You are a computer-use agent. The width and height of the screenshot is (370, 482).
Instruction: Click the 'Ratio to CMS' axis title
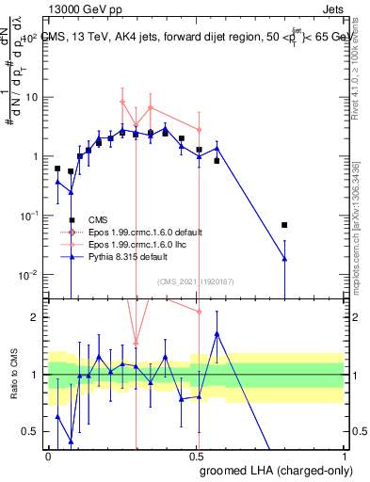point(13,375)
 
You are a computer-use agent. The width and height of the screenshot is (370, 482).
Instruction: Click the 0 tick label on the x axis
point(49,455)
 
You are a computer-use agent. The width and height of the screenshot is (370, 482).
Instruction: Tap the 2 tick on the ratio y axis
point(38,317)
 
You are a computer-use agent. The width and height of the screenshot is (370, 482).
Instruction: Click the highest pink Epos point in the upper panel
point(121,102)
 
